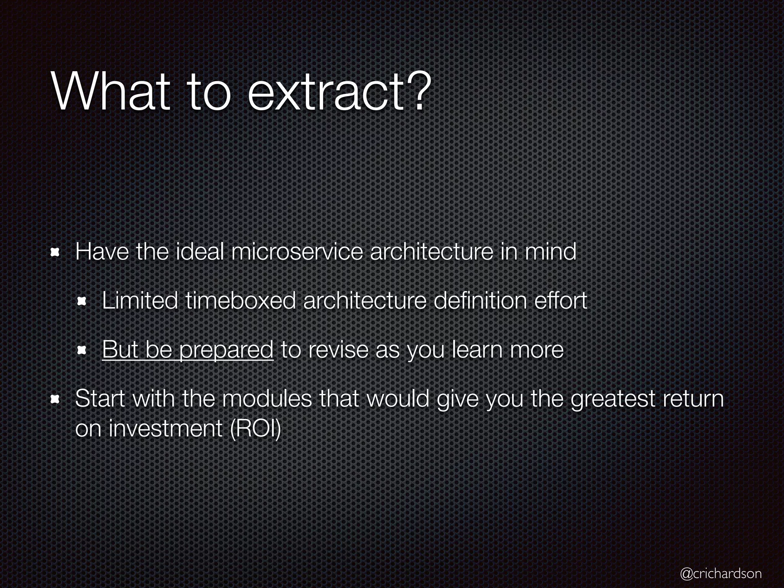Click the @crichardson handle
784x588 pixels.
pyautogui.click(x=721, y=573)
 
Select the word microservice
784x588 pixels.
pyautogui.click(x=297, y=252)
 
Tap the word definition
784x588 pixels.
pyautogui.click(x=480, y=301)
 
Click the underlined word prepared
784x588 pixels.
pyautogui.click(x=226, y=350)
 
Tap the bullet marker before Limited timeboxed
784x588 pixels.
pyautogui.click(x=82, y=302)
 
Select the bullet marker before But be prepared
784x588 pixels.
pyautogui.click(x=82, y=351)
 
